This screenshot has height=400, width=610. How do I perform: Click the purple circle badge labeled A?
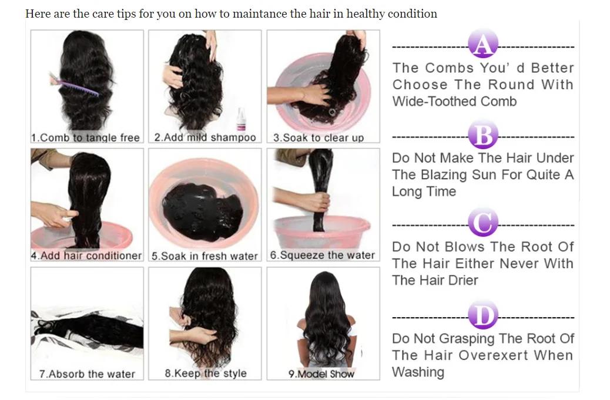(483, 45)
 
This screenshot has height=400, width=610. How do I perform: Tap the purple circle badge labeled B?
(483, 136)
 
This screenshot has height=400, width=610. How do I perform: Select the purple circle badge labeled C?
(483, 224)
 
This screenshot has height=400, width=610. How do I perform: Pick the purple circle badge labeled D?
(483, 317)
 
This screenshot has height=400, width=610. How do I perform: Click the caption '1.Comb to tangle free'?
(86, 137)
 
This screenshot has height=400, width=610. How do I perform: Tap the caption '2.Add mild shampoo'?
(205, 137)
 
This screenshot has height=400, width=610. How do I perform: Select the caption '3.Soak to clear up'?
(319, 138)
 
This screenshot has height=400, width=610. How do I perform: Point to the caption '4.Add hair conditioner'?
(86, 256)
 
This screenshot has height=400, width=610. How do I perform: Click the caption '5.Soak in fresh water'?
(205, 256)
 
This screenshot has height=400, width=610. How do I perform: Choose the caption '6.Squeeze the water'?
(322, 256)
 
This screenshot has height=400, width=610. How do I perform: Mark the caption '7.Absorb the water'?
(87, 374)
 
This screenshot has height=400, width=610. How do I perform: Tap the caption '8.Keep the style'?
(206, 373)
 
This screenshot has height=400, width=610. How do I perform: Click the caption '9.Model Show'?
(321, 374)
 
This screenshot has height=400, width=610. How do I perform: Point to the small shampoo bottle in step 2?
(240, 120)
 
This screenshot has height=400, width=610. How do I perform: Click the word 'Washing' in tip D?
(418, 372)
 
